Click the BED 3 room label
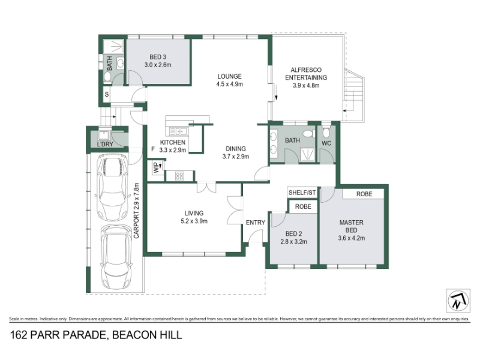click(158, 61)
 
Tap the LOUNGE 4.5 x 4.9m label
click(230, 80)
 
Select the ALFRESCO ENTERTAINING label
click(306, 77)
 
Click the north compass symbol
click(458, 301)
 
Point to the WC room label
click(326, 143)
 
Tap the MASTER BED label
click(352, 230)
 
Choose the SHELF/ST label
click(302, 193)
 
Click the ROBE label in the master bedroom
click(364, 194)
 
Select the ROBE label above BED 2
click(303, 206)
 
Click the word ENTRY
click(256, 223)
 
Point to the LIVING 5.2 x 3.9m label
click(194, 217)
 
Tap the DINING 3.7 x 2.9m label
click(236, 152)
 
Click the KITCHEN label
click(173, 142)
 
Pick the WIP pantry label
click(156, 168)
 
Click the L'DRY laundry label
click(105, 144)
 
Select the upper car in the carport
click(112, 187)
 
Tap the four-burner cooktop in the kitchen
click(179, 176)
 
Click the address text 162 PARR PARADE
click(58, 335)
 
